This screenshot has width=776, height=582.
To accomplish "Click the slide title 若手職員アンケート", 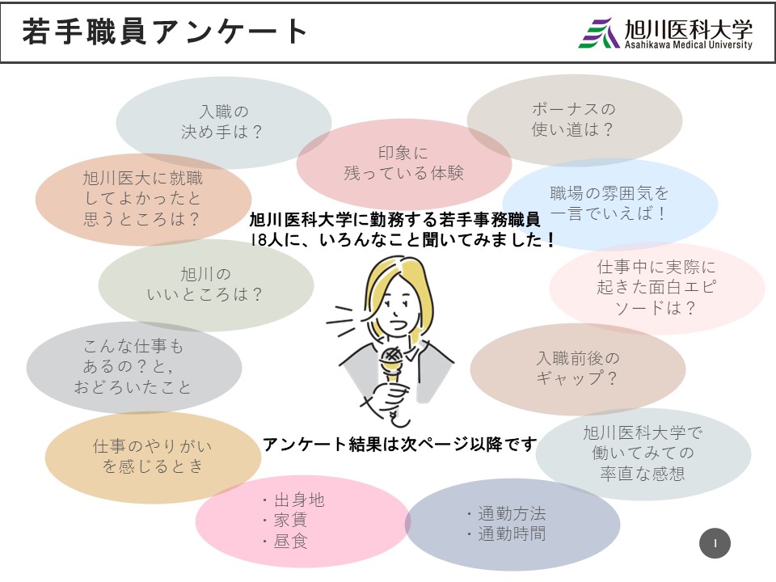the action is click(164, 32).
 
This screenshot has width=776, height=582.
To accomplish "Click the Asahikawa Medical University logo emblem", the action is click(599, 33).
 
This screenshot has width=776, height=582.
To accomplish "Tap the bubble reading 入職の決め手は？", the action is click(224, 122).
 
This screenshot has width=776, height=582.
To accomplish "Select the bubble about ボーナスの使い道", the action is click(575, 120).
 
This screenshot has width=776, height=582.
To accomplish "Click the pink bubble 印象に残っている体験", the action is click(404, 164).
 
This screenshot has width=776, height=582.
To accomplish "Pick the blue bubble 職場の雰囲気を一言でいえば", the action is click(610, 204).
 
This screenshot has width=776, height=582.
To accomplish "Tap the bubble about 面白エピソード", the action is click(656, 288).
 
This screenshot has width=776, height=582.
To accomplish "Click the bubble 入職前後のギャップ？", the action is click(577, 369).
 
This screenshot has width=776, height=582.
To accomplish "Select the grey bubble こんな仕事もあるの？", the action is click(134, 367).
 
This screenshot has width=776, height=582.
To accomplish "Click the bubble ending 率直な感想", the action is click(643, 453).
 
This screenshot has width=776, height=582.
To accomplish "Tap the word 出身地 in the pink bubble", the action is click(299, 500).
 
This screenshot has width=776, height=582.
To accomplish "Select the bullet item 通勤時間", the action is click(512, 534).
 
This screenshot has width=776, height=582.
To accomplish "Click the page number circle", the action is click(715, 543).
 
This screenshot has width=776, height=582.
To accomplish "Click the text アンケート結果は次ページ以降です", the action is click(399, 444).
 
